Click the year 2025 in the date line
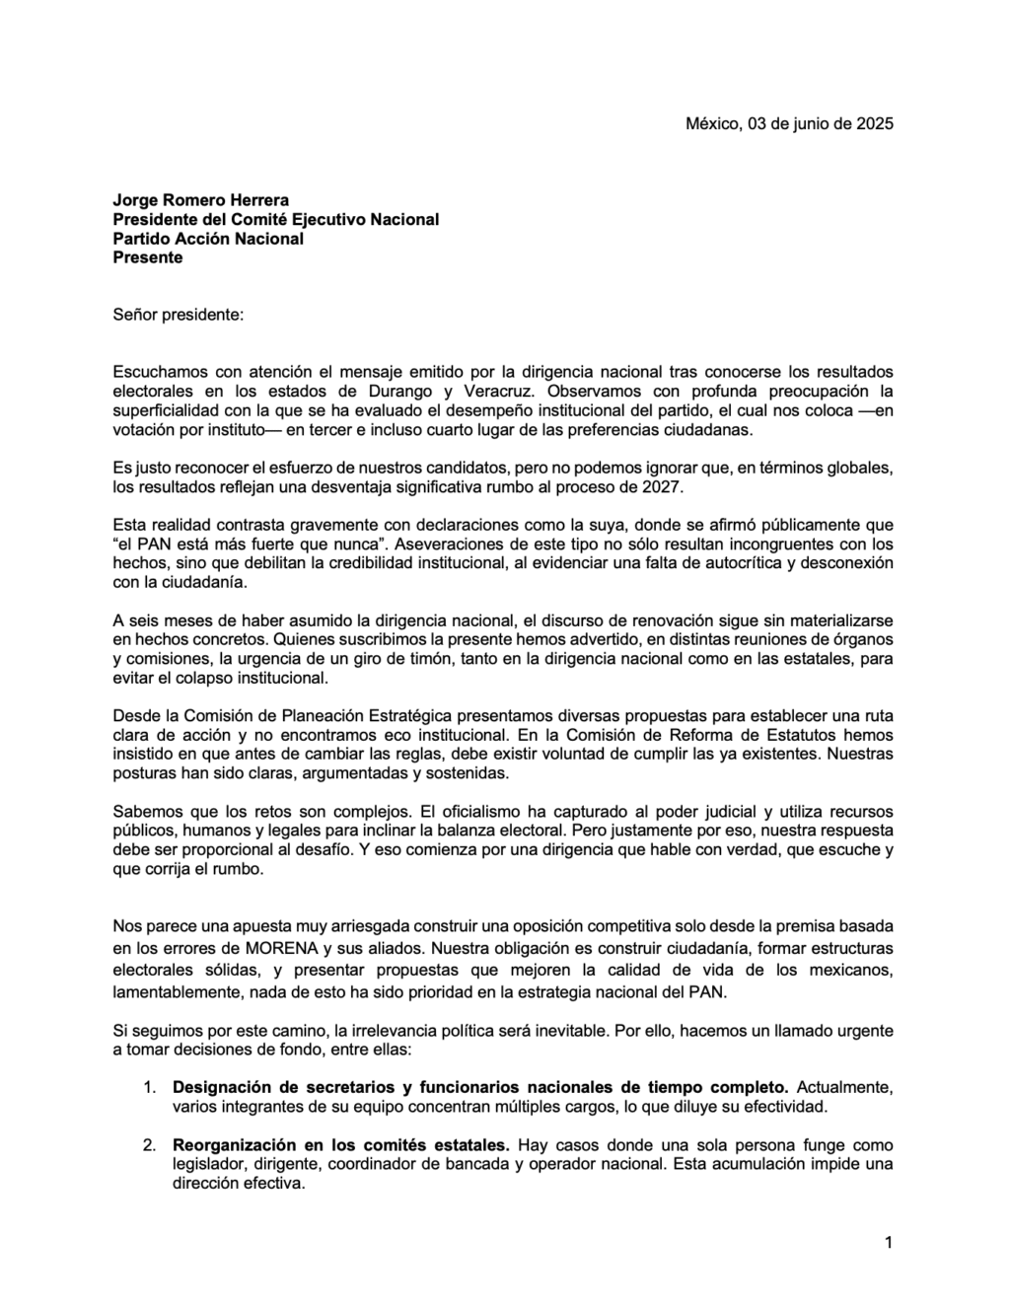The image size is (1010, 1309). (875, 123)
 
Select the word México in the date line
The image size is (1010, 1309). (710, 123)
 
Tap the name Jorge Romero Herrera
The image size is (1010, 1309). (200, 200)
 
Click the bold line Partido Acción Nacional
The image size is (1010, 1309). (208, 239)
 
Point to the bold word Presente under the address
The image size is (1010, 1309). (148, 257)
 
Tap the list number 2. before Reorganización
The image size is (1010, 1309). (149, 1145)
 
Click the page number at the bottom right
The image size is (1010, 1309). (889, 1242)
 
